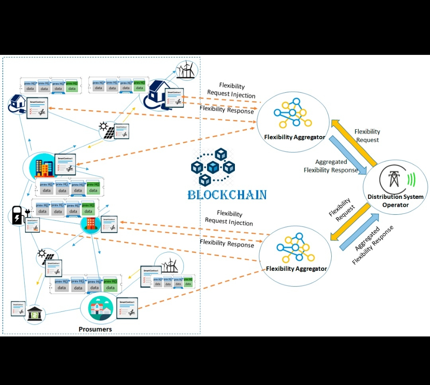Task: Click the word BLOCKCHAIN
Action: (227, 195)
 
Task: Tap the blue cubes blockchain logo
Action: (213, 167)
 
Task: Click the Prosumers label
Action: (95, 329)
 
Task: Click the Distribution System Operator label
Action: (395, 201)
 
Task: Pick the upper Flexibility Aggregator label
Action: (295, 137)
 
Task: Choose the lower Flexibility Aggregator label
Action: (296, 268)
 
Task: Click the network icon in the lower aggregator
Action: (295, 247)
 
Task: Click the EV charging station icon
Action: (18, 215)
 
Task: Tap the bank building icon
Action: (35, 315)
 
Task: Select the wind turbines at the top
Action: (186, 70)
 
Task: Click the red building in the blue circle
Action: (89, 224)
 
